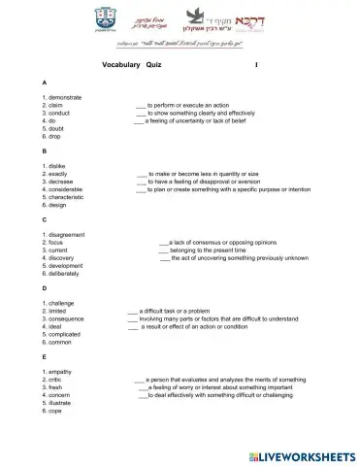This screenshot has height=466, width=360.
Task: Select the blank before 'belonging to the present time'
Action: point(163,250)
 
